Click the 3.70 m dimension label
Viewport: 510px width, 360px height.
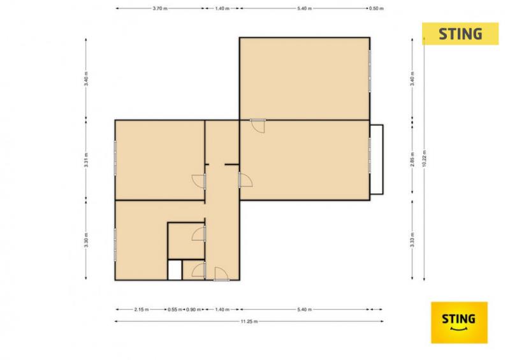tap(160, 8)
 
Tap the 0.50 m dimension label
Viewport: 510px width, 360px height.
tap(376, 8)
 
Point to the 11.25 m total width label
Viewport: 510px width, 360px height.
tap(249, 321)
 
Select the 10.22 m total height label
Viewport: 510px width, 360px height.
tap(424, 159)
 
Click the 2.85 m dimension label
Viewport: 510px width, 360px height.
tap(412, 159)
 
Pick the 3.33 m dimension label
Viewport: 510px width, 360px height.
tap(412, 240)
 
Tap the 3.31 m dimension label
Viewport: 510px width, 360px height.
tap(86, 160)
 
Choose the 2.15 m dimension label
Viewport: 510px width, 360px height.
tap(142, 310)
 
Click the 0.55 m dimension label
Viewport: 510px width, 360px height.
tap(175, 310)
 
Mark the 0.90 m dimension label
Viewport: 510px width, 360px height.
tap(193, 310)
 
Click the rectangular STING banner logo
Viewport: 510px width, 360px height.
tap(460, 34)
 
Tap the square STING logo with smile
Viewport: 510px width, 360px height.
tap(459, 322)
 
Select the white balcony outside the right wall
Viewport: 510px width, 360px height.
tap(377, 159)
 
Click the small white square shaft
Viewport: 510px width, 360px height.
tap(175, 270)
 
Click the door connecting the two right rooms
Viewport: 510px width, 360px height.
tap(258, 126)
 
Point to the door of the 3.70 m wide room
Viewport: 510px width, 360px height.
tap(199, 181)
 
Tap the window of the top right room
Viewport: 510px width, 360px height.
tap(370, 71)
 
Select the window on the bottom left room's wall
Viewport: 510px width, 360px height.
tap(115, 245)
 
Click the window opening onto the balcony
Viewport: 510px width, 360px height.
tap(370, 155)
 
